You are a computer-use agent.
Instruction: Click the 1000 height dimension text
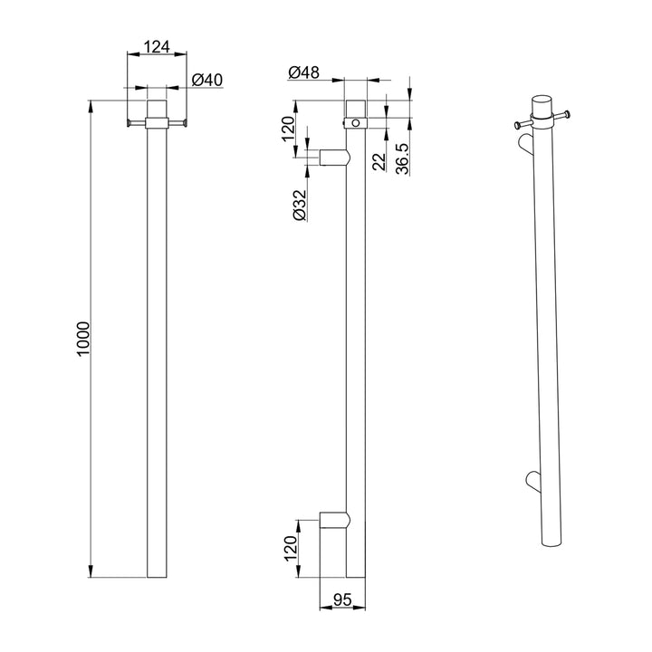pos(82,338)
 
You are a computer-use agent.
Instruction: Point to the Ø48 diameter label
pos(303,72)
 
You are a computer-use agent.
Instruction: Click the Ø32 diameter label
pos(300,205)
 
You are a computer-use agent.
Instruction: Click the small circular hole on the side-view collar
pos(356,120)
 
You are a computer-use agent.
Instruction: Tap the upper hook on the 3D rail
pos(528,146)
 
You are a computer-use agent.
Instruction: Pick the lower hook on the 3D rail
pos(532,479)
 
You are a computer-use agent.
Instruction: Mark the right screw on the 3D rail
pos(567,115)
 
